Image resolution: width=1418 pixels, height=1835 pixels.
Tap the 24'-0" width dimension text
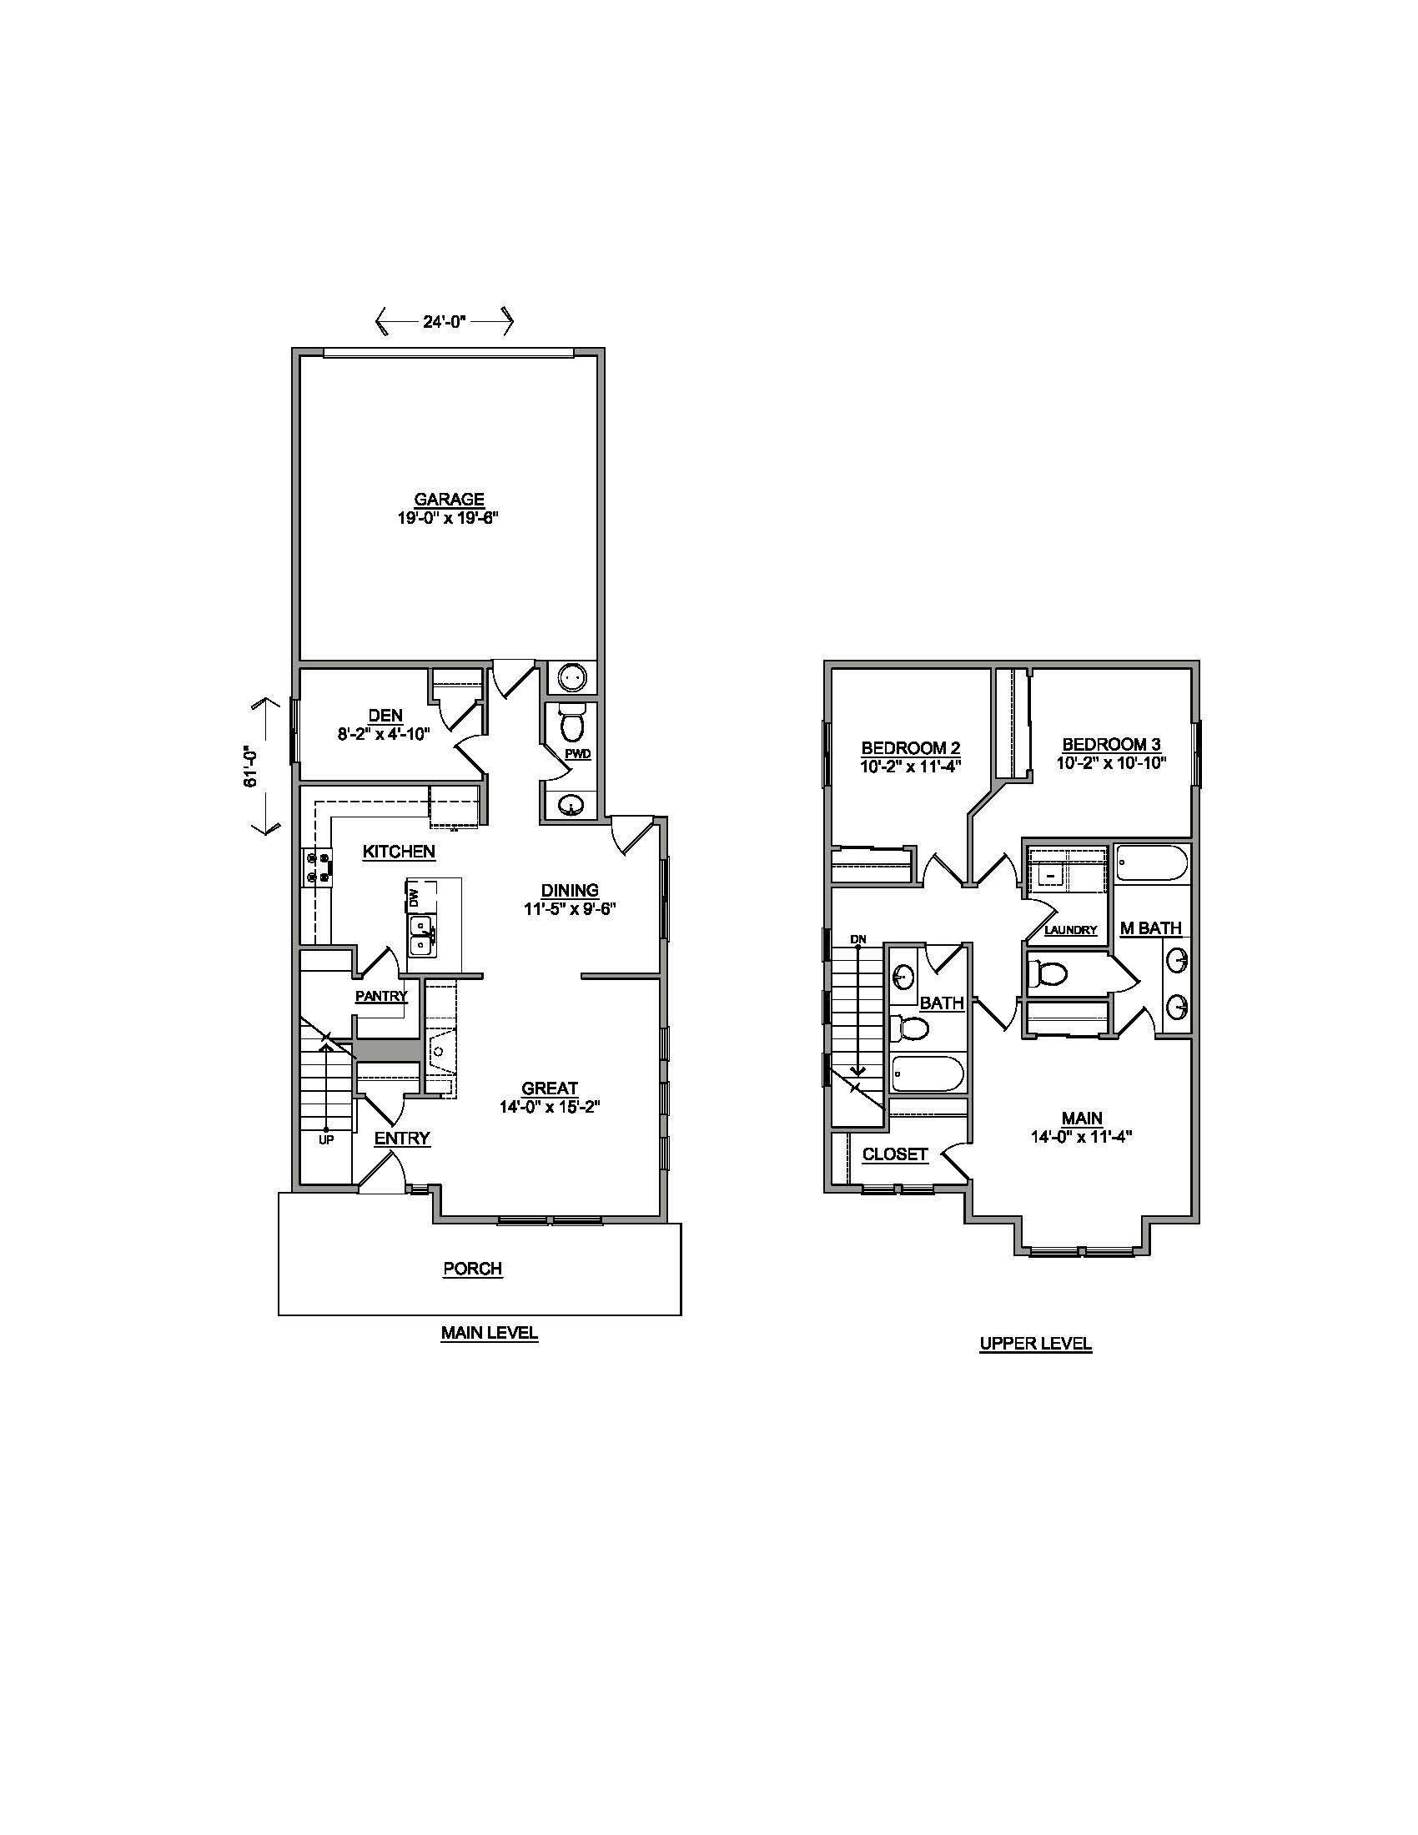(x=445, y=320)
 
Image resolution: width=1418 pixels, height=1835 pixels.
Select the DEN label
(x=385, y=715)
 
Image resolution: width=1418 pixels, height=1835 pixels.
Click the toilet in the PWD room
(x=572, y=724)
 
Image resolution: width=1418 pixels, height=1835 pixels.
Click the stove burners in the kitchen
(x=318, y=867)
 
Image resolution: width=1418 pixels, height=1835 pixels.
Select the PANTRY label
(x=381, y=997)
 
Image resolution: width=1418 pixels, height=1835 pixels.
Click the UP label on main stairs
(x=326, y=1140)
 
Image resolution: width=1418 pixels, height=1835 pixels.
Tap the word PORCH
(x=472, y=1269)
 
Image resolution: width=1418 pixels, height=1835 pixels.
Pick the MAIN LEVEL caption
(x=489, y=1333)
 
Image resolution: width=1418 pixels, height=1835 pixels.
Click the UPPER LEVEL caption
(x=1035, y=1344)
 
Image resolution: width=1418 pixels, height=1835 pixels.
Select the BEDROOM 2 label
(x=911, y=748)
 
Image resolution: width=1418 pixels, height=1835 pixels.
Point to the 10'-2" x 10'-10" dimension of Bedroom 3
(x=1111, y=764)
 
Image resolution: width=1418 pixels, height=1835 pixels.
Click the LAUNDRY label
(x=1071, y=930)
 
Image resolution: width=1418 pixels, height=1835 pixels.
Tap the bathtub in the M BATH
(x=1152, y=863)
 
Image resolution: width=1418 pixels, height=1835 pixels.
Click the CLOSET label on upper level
(x=895, y=1154)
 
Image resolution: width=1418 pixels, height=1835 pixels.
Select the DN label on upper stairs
(x=857, y=938)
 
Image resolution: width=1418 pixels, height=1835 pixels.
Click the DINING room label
(x=569, y=890)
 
